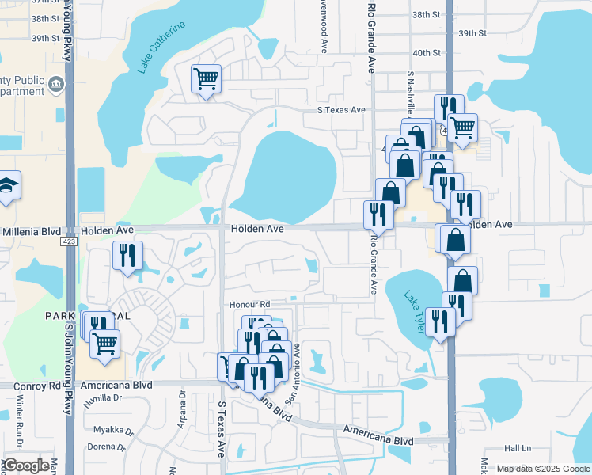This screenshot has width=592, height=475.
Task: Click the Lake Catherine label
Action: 161,47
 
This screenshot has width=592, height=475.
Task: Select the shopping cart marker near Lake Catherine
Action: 206,79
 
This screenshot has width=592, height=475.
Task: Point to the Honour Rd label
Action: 249,304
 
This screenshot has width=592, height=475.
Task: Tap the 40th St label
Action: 426,53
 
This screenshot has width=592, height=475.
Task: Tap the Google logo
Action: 26,465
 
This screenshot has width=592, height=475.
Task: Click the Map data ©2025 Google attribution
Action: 544,469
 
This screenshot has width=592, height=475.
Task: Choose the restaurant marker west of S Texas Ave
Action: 127,255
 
